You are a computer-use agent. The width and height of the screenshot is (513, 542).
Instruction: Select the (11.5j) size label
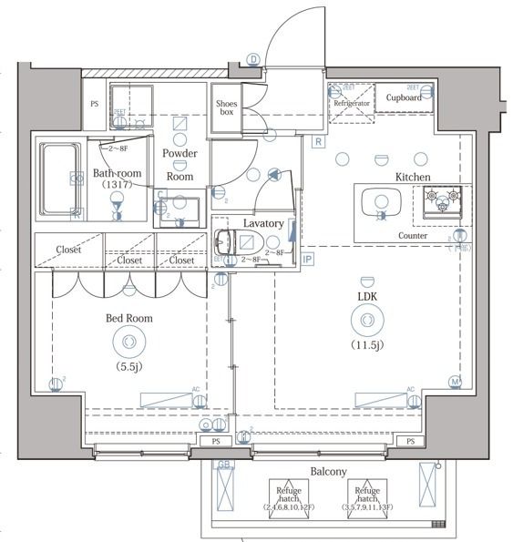point(366,344)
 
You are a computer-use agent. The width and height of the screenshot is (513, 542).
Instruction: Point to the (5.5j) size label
point(127,366)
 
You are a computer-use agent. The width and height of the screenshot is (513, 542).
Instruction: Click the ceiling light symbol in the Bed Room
point(127,342)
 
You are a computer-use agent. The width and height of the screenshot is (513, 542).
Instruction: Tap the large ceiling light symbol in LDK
point(366,321)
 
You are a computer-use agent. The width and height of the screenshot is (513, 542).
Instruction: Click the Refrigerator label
point(352,103)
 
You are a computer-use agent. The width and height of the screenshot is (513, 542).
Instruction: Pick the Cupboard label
point(403,97)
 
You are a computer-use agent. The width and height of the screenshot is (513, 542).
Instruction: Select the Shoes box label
point(226,108)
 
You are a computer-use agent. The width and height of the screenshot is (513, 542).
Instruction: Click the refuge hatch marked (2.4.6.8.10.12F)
point(289,496)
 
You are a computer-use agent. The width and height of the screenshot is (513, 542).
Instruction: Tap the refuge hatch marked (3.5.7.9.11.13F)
point(367,496)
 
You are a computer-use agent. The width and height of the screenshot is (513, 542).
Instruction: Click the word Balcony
point(327,471)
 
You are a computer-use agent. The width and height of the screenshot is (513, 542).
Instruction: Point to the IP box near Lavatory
point(307,260)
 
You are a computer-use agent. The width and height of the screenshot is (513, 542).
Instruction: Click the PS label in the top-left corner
point(94,104)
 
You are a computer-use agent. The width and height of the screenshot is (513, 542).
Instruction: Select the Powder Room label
point(180,165)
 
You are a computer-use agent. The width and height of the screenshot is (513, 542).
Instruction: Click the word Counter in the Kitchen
point(413,235)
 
